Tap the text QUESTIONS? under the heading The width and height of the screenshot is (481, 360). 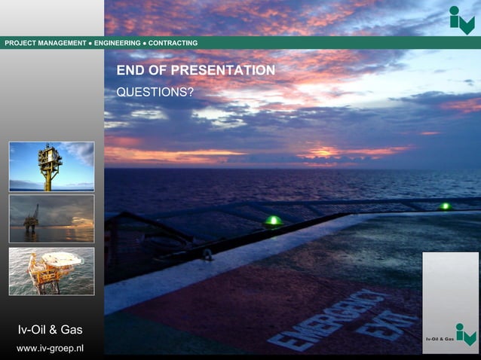tap(155, 92)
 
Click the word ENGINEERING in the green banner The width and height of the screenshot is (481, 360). tap(117, 43)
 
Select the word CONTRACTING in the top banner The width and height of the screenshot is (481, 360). tap(173, 43)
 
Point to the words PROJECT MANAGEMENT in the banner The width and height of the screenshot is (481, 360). tap(45, 43)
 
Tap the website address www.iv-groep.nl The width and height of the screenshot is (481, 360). tap(51, 348)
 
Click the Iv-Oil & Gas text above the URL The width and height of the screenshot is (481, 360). tap(51, 329)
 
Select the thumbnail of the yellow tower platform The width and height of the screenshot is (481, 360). tap(51, 166)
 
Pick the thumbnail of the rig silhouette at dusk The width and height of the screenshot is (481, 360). tap(51, 218)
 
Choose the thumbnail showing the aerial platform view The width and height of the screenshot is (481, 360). tap(51, 271)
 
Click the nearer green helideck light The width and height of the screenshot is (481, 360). tap(273, 221)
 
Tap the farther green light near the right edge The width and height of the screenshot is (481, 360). tap(446, 206)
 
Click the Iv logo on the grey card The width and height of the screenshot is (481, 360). tap(466, 334)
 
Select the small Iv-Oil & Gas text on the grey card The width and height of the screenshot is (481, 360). tap(440, 339)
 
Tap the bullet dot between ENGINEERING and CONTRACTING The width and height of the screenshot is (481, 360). tap(143, 43)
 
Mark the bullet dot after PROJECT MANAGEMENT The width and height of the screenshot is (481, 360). tap(90, 43)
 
